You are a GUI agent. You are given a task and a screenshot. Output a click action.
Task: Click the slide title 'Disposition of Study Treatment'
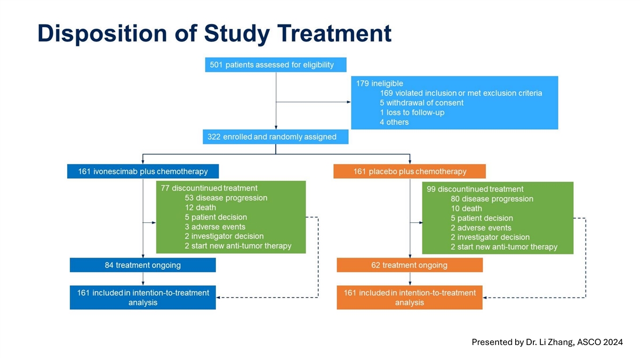click(214, 33)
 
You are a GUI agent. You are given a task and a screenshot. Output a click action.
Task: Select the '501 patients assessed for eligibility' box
click(276, 65)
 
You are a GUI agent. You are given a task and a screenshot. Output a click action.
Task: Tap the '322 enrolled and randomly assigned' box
click(276, 137)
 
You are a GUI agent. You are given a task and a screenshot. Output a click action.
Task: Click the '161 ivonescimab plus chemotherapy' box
click(143, 171)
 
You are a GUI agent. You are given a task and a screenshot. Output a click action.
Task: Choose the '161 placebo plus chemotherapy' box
click(410, 171)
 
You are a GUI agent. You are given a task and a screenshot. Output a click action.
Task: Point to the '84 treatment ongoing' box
click(143, 265)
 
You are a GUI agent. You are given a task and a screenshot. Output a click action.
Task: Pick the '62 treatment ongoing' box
click(410, 265)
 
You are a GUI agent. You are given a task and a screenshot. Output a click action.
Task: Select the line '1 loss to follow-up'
click(415, 113)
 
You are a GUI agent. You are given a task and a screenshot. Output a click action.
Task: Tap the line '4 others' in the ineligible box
click(398, 122)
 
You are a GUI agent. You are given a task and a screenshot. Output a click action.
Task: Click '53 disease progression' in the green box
click(226, 198)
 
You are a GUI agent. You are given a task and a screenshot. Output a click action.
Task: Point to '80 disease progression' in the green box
click(492, 199)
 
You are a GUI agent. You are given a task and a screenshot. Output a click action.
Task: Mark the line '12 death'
click(201, 207)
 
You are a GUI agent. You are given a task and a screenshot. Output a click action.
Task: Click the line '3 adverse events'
click(215, 227)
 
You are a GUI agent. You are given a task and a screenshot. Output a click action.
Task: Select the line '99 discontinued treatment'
click(475, 189)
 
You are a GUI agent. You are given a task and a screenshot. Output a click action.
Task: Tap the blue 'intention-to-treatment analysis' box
click(143, 298)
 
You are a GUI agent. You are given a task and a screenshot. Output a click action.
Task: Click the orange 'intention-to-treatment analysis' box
click(410, 298)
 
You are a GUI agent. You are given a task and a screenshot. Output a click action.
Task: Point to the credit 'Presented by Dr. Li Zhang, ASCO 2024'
click(547, 342)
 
